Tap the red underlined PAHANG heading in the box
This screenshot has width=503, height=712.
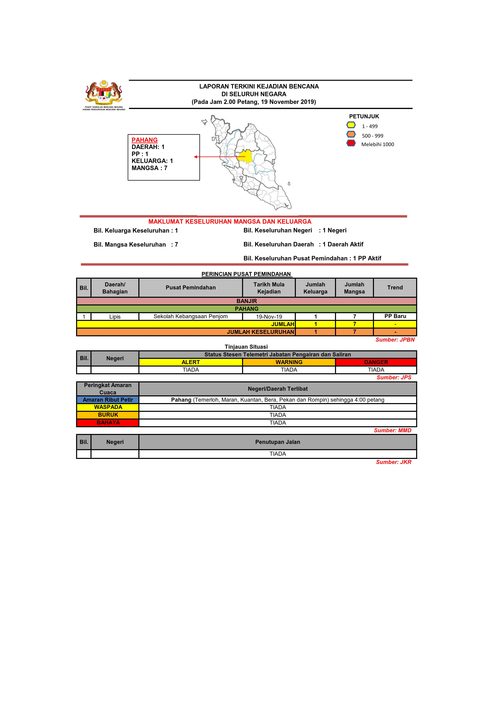[x=144, y=140]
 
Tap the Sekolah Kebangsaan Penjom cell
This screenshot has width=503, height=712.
[x=190, y=316]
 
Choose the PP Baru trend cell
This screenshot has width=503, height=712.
[x=395, y=316]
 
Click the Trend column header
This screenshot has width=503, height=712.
[x=395, y=287]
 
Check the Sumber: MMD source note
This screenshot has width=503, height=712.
[x=392, y=430]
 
